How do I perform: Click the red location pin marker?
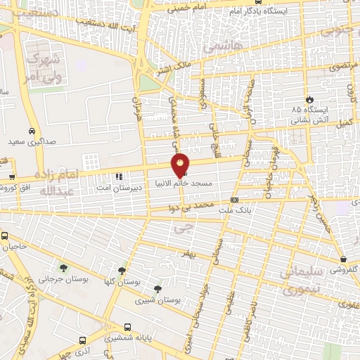click(x=181, y=165)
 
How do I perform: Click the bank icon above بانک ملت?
click(x=233, y=200)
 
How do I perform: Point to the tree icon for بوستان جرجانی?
click(x=64, y=267)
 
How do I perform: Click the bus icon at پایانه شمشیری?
click(x=127, y=327)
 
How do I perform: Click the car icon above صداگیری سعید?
click(x=32, y=131)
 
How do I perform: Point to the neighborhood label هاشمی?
click(x=224, y=47)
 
